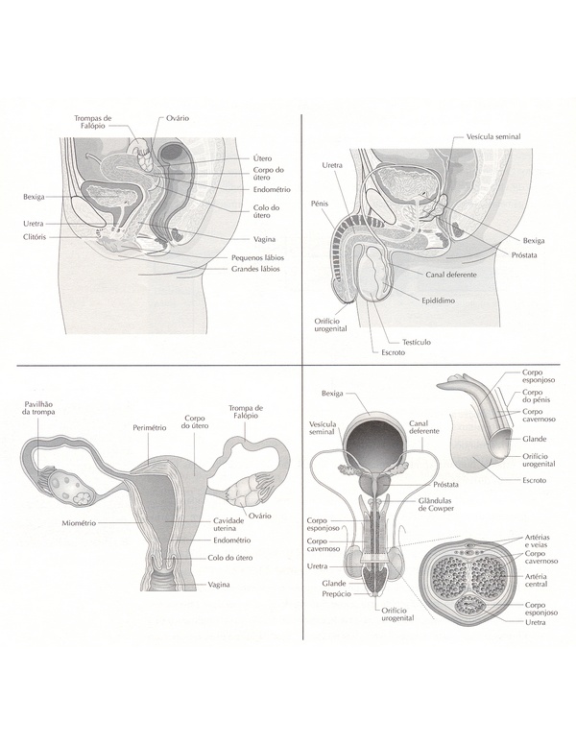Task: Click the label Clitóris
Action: pyautogui.click(x=38, y=236)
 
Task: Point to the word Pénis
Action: pyautogui.click(x=320, y=204)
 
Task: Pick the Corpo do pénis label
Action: pyautogui.click(x=535, y=401)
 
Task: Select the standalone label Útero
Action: pyautogui.click(x=262, y=157)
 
